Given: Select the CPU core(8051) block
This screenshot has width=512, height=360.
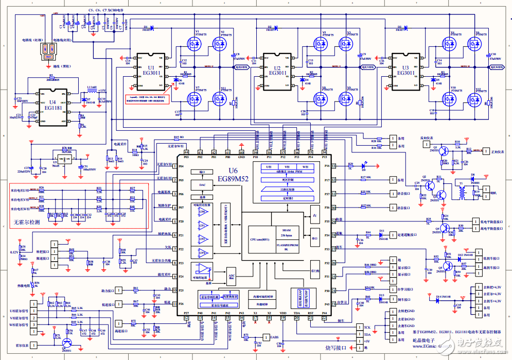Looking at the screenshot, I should tap(266, 239).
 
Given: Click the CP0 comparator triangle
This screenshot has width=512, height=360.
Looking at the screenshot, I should tap(202, 212).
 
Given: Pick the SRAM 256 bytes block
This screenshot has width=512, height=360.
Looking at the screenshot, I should tap(284, 232).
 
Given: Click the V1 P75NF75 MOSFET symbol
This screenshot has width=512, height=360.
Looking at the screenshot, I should tap(194, 45).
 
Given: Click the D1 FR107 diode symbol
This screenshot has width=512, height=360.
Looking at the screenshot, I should tap(146, 27).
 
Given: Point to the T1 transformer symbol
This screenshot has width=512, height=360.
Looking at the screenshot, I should tap(462, 191).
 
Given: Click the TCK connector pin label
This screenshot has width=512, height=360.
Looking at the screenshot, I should tap(367, 327).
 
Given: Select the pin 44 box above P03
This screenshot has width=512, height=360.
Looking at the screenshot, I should tap(186, 152).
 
